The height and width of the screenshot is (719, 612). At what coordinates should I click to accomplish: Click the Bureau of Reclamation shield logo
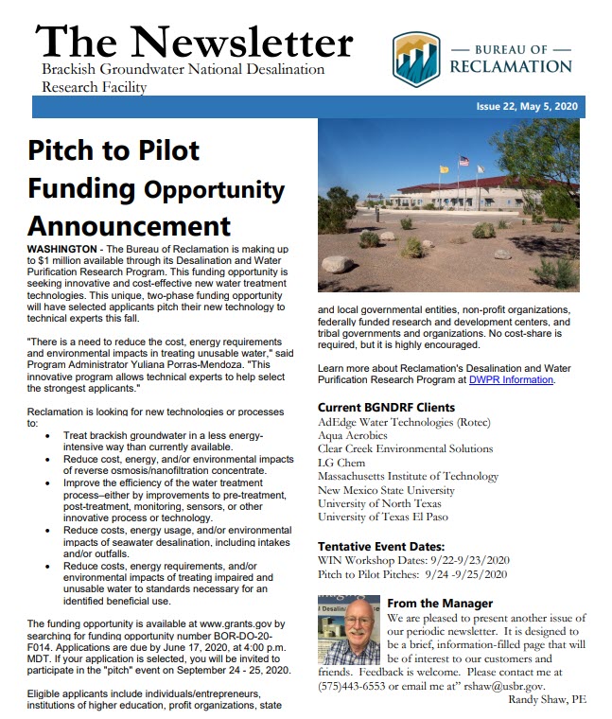(x=416, y=58)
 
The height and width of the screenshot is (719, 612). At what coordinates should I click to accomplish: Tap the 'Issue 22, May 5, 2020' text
(x=529, y=107)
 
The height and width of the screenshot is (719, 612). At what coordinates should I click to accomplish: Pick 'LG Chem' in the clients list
(x=341, y=463)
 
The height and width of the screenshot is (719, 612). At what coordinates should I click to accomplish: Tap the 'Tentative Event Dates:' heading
(x=380, y=547)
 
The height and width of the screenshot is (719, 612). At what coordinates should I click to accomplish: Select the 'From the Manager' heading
(x=440, y=603)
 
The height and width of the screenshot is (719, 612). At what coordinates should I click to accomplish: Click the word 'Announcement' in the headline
(x=129, y=226)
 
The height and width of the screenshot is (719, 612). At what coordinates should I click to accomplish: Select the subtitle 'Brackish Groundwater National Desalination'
(x=184, y=69)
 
